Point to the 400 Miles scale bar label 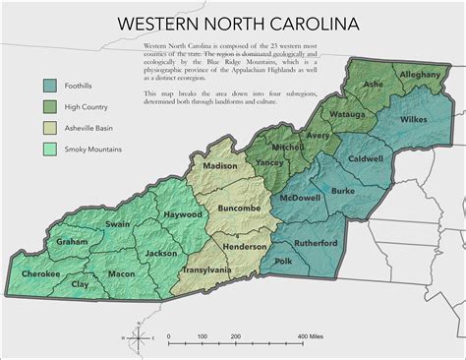(312, 337)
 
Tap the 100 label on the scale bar (202, 337)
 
